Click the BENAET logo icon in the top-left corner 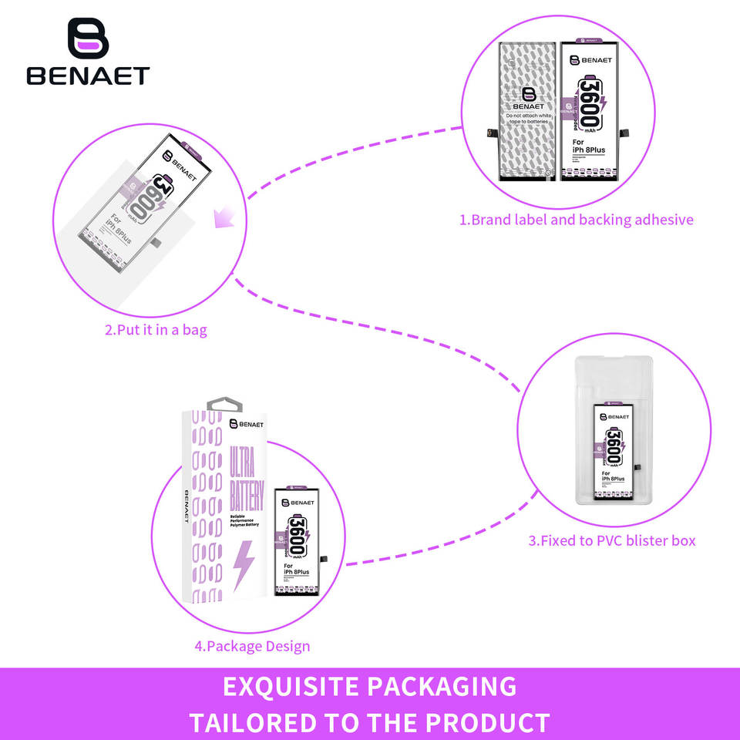88,38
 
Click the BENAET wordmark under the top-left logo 88,76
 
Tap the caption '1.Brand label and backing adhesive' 577,220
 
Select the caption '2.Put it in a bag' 156,331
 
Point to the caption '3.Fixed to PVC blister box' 611,540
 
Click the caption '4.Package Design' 252,646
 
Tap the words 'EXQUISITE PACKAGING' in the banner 370,686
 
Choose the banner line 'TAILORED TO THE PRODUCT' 370,723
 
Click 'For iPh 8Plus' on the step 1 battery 587,146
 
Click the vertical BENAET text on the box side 187,505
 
